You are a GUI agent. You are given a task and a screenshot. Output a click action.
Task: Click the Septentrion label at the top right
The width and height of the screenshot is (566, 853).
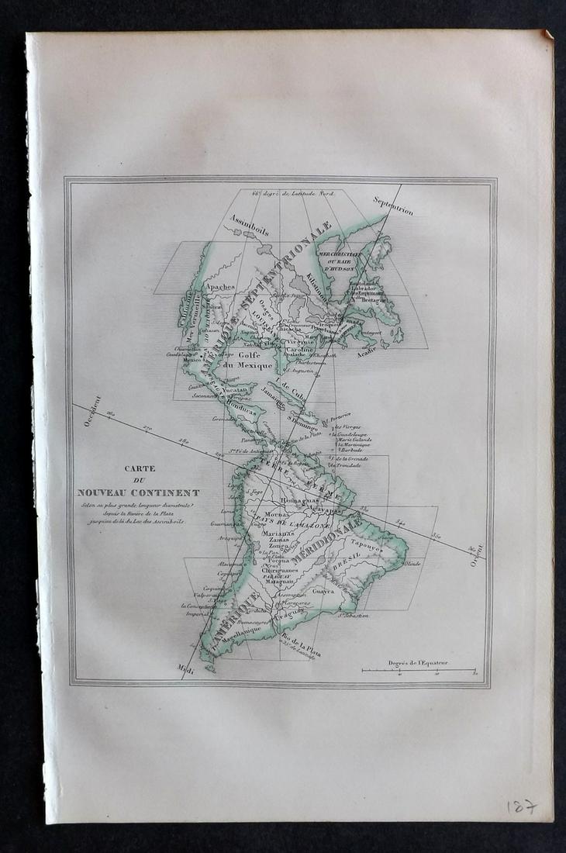click(393, 200)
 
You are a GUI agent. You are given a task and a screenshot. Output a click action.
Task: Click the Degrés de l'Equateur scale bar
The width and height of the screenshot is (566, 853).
click(419, 668)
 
